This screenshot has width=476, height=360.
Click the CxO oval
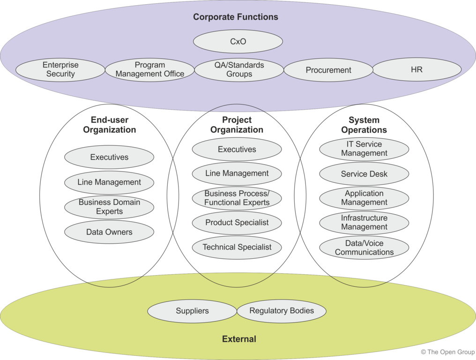[x=238, y=42]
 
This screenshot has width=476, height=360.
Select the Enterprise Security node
[x=60, y=70]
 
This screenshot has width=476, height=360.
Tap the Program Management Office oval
[x=149, y=70]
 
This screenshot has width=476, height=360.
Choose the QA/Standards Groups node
[x=239, y=70]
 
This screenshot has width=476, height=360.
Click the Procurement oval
[x=328, y=70]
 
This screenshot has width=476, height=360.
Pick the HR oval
[x=416, y=70]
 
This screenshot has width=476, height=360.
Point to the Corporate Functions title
[x=236, y=17]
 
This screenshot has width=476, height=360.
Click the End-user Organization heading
[x=110, y=125]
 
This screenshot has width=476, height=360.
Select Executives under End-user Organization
[x=109, y=157]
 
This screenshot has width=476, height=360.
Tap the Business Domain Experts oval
[x=109, y=207]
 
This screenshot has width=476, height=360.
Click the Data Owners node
[x=109, y=232]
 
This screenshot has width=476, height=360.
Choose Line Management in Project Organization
[x=237, y=173]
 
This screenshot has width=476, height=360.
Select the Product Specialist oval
[x=237, y=223]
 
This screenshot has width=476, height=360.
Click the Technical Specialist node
[x=237, y=247]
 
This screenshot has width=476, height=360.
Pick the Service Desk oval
[x=364, y=174]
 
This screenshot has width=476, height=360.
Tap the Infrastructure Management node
[x=364, y=223]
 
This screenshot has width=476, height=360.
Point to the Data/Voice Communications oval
[x=364, y=247]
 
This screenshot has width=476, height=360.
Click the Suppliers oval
[x=192, y=311]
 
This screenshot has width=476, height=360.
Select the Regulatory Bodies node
[x=282, y=311]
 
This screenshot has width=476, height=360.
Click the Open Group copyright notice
[x=447, y=352]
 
